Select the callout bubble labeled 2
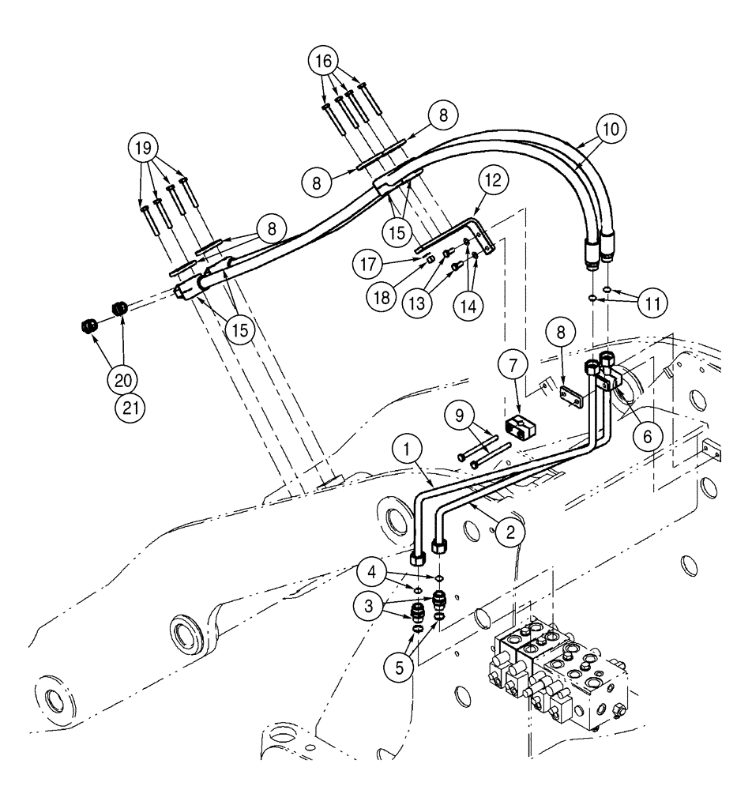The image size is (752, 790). (x=511, y=533)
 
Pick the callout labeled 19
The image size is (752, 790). (x=146, y=148)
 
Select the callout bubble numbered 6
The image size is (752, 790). (x=647, y=434)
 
